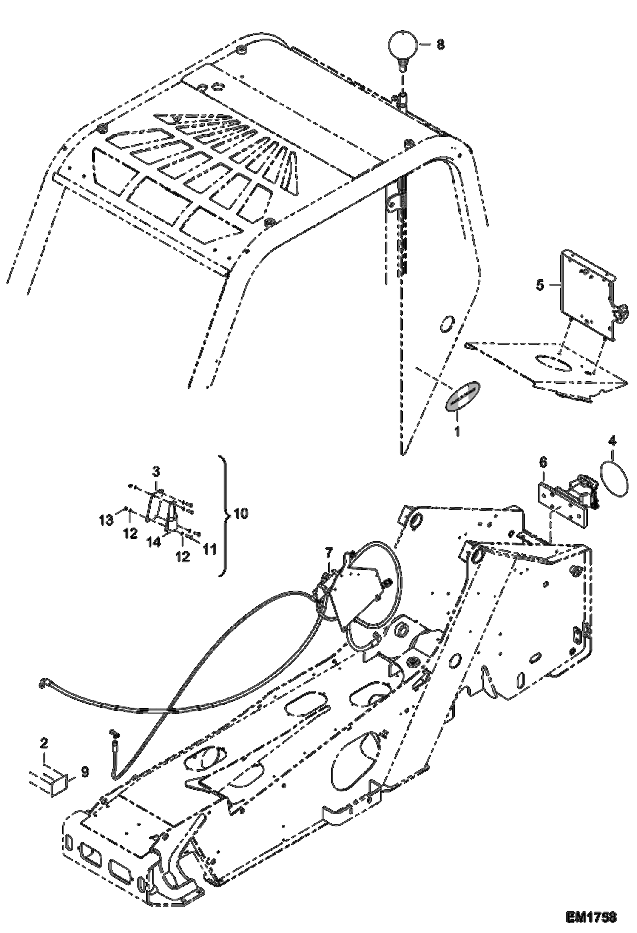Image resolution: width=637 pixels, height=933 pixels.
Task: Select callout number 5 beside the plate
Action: tap(540, 285)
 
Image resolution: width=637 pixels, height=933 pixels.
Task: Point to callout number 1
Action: tap(458, 432)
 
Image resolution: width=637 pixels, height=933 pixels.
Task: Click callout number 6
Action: tap(544, 462)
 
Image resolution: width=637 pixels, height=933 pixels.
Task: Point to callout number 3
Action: tap(156, 471)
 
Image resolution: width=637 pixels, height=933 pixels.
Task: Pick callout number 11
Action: tap(209, 549)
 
